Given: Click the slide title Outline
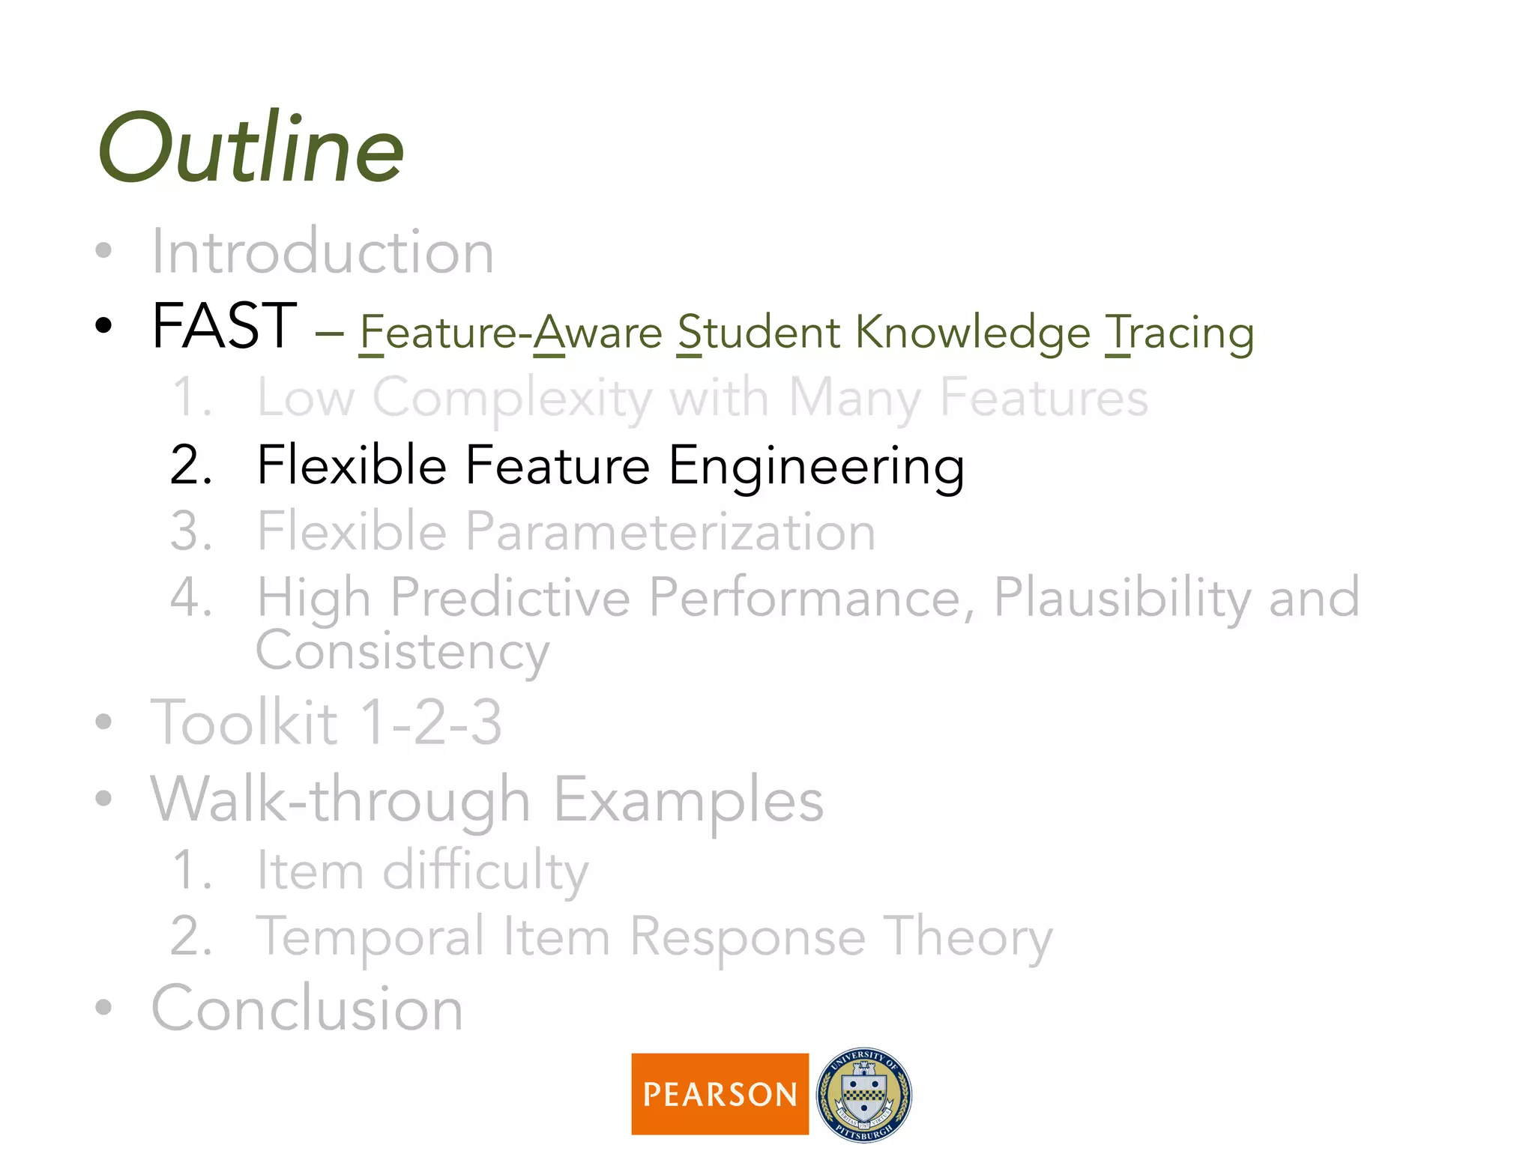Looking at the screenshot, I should click(251, 148).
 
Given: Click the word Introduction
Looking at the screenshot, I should click(322, 252).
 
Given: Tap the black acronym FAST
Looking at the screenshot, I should click(224, 326).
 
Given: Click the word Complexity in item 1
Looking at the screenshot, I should click(512, 398).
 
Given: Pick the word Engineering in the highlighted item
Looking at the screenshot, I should click(816, 465).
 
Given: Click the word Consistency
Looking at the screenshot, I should click(402, 651).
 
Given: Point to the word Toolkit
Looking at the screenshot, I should click(244, 722).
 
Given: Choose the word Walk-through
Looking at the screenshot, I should click(340, 800).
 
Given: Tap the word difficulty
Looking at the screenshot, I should click(485, 871).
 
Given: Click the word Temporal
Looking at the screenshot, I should click(370, 937).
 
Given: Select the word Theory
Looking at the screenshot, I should click(968, 937).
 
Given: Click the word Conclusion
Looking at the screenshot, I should click(307, 1009).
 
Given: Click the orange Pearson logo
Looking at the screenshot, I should click(720, 1094).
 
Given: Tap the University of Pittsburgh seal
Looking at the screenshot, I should click(864, 1094).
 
